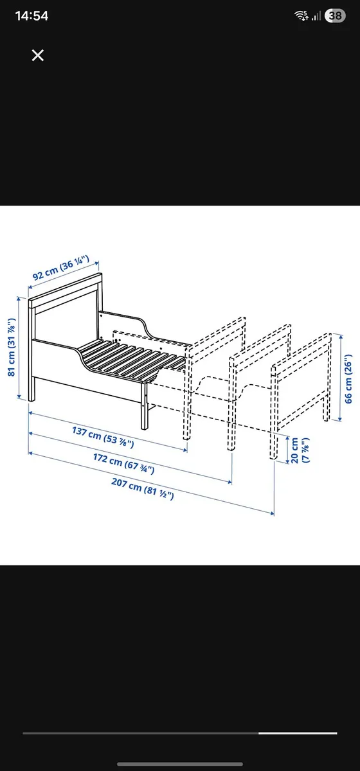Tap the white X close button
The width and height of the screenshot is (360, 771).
(x=38, y=55)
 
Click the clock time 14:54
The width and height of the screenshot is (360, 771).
(x=32, y=16)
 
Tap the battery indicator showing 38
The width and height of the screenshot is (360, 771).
(x=335, y=16)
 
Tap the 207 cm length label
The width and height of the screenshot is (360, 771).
(x=152, y=488)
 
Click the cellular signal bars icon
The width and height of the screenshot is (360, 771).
(x=317, y=16)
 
